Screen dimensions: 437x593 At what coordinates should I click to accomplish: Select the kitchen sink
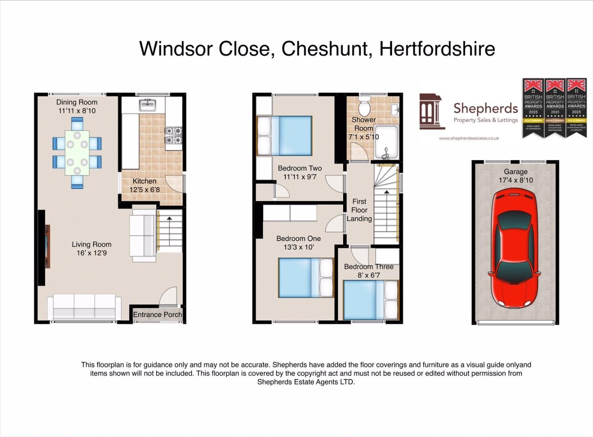click(148, 105)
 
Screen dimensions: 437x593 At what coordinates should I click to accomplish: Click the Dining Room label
click(77, 102)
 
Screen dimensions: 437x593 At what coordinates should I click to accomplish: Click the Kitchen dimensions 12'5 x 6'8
click(144, 190)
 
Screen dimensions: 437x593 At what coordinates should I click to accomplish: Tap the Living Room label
click(91, 244)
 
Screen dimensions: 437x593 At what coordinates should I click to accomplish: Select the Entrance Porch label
click(157, 314)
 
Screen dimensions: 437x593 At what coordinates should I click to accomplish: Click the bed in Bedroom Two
click(285, 136)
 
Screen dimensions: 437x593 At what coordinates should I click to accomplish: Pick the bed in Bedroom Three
click(371, 300)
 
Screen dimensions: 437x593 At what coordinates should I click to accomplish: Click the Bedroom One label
click(298, 239)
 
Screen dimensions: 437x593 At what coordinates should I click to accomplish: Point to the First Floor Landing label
click(359, 210)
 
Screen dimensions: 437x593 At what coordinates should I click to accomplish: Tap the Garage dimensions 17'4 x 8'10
click(515, 180)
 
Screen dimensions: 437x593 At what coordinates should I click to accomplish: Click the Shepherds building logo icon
click(431, 111)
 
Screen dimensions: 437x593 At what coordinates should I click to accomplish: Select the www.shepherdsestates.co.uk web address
click(469, 138)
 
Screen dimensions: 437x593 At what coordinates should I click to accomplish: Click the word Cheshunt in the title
click(325, 49)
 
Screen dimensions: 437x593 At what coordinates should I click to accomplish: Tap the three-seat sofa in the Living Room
click(84, 306)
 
